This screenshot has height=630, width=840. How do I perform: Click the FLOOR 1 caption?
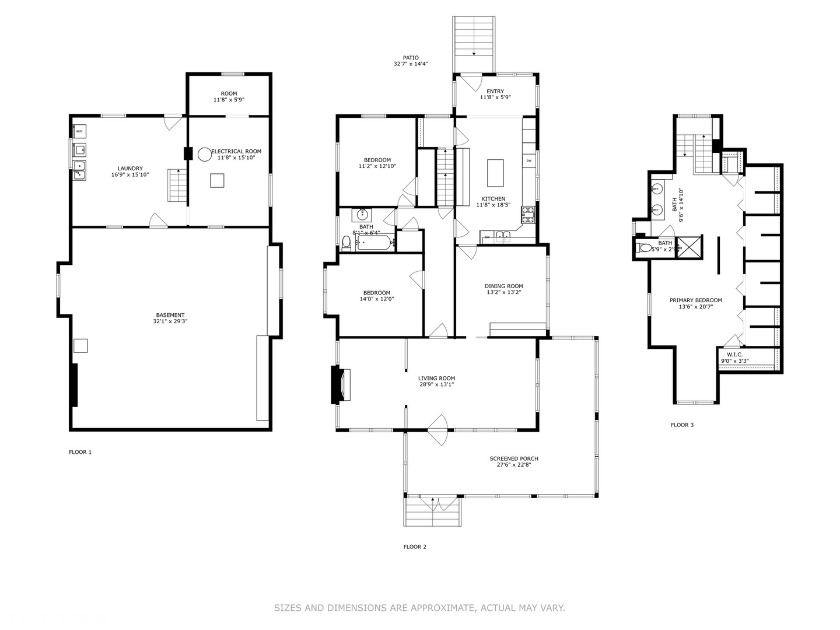[80, 452]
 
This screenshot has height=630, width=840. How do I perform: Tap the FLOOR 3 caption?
[682, 425]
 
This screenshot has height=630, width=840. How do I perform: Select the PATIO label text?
[410, 58]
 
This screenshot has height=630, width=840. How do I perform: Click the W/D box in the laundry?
[79, 132]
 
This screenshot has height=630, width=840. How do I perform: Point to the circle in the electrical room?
[204, 154]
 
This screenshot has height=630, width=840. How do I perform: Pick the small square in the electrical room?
[217, 181]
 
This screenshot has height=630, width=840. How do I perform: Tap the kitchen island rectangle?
[495, 172]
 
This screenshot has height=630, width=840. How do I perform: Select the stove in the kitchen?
[528, 215]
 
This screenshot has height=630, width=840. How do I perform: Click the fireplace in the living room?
[341, 384]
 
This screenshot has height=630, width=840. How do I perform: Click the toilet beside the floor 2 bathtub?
[346, 242]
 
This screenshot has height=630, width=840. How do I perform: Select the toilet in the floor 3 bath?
[645, 248]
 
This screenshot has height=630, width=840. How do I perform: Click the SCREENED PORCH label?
[513, 459]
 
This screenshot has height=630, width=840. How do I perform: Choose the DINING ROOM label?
[503, 286]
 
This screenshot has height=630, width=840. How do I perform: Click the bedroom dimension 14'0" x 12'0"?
[376, 299]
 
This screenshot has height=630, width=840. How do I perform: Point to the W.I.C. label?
[734, 355]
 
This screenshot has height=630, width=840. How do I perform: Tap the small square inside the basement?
[80, 345]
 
